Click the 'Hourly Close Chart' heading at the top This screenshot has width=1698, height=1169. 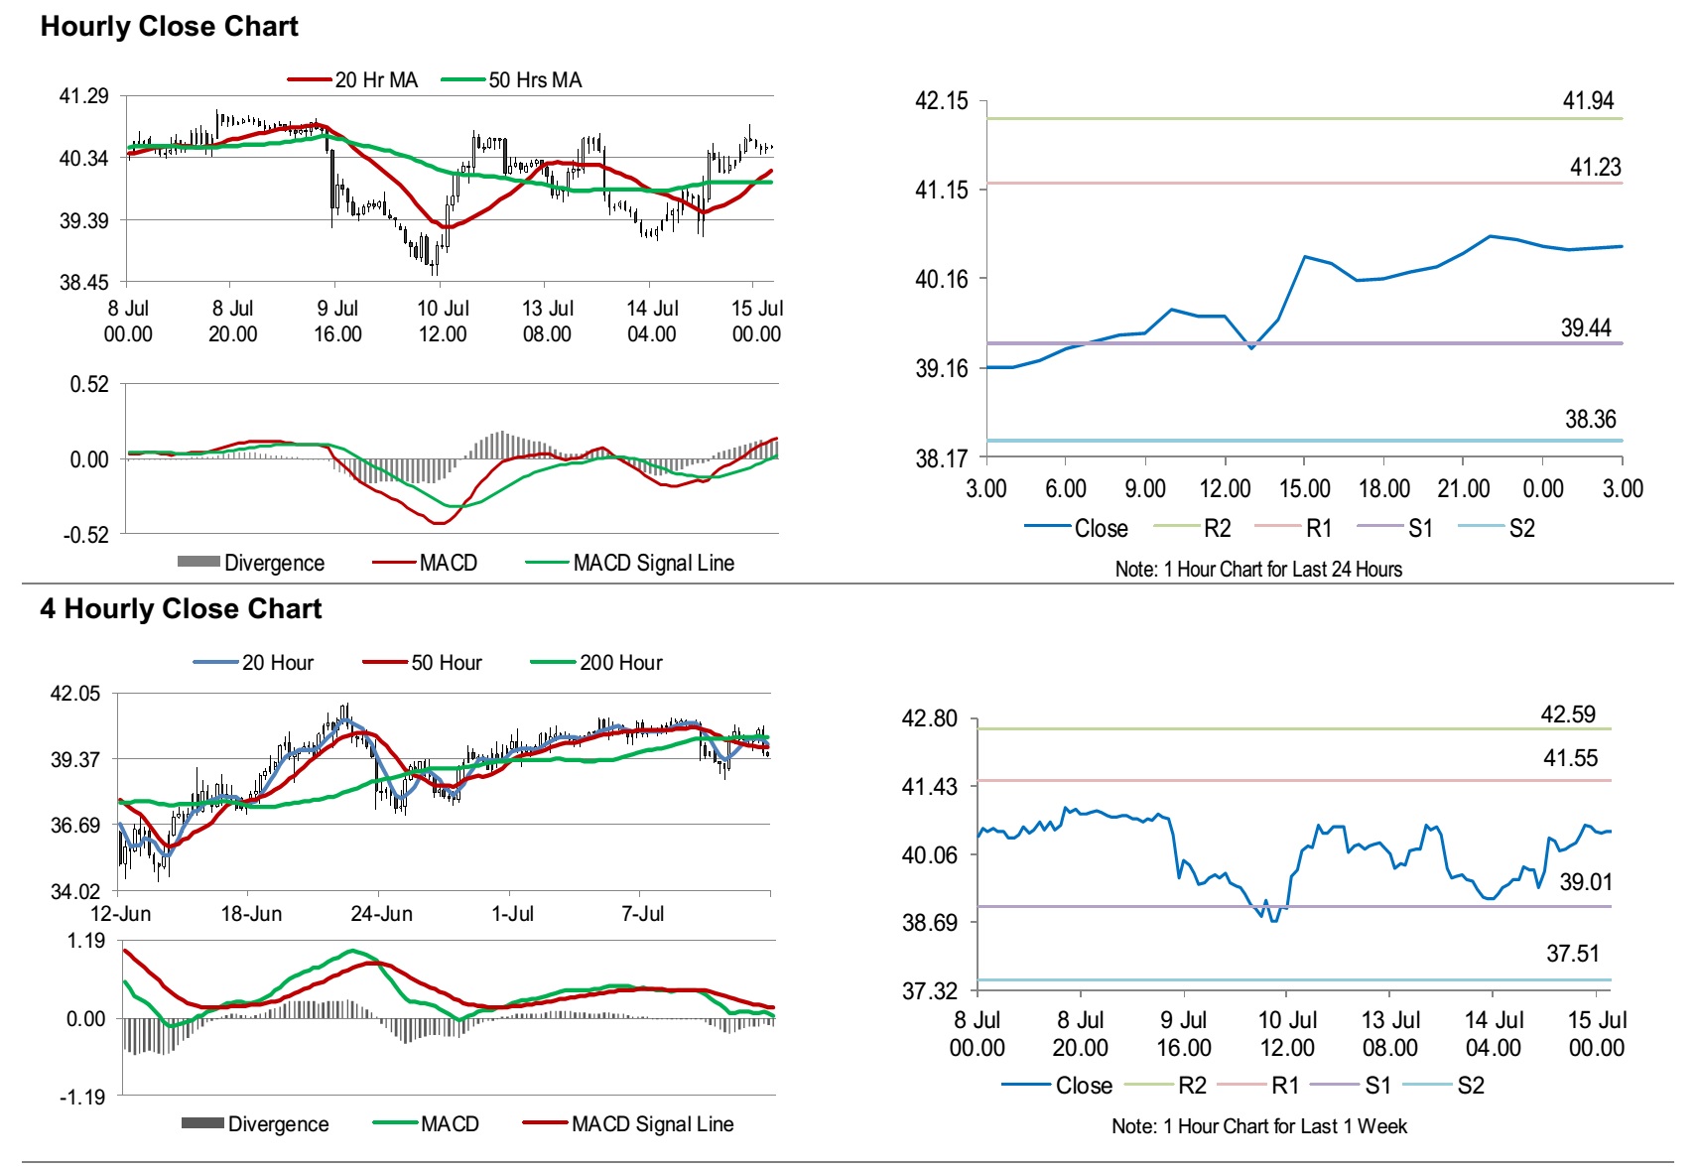pyautogui.click(x=169, y=27)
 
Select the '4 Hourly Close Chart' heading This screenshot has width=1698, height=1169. pyautogui.click(x=181, y=608)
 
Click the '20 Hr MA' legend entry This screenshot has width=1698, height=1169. pyautogui.click(x=375, y=80)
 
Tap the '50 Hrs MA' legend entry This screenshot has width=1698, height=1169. pyautogui.click(x=534, y=80)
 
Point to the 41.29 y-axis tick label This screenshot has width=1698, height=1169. pyautogui.click(x=83, y=96)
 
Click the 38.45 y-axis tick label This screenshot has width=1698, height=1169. pyautogui.click(x=83, y=283)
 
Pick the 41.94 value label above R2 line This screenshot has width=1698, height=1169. pyautogui.click(x=1588, y=101)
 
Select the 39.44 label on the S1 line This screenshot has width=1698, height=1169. pyautogui.click(x=1585, y=328)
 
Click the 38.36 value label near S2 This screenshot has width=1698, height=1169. pyautogui.click(x=1590, y=420)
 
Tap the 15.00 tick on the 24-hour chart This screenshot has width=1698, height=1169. pyautogui.click(x=1304, y=488)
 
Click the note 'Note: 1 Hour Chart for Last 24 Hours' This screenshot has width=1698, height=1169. pyautogui.click(x=1258, y=570)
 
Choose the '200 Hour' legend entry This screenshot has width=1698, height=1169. pyautogui.click(x=620, y=663)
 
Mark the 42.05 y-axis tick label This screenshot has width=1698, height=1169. pyautogui.click(x=75, y=694)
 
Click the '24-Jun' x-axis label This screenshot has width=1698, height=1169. pyautogui.click(x=381, y=914)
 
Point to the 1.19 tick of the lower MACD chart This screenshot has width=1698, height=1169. pyautogui.click(x=86, y=941)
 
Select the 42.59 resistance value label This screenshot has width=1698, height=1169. pyautogui.click(x=1568, y=714)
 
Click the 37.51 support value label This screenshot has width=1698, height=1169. pyautogui.click(x=1573, y=955)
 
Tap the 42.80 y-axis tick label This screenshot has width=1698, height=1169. pyautogui.click(x=929, y=718)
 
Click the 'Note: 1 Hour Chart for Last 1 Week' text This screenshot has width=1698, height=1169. pyautogui.click(x=1258, y=1126)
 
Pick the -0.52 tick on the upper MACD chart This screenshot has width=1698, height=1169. pyautogui.click(x=86, y=535)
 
